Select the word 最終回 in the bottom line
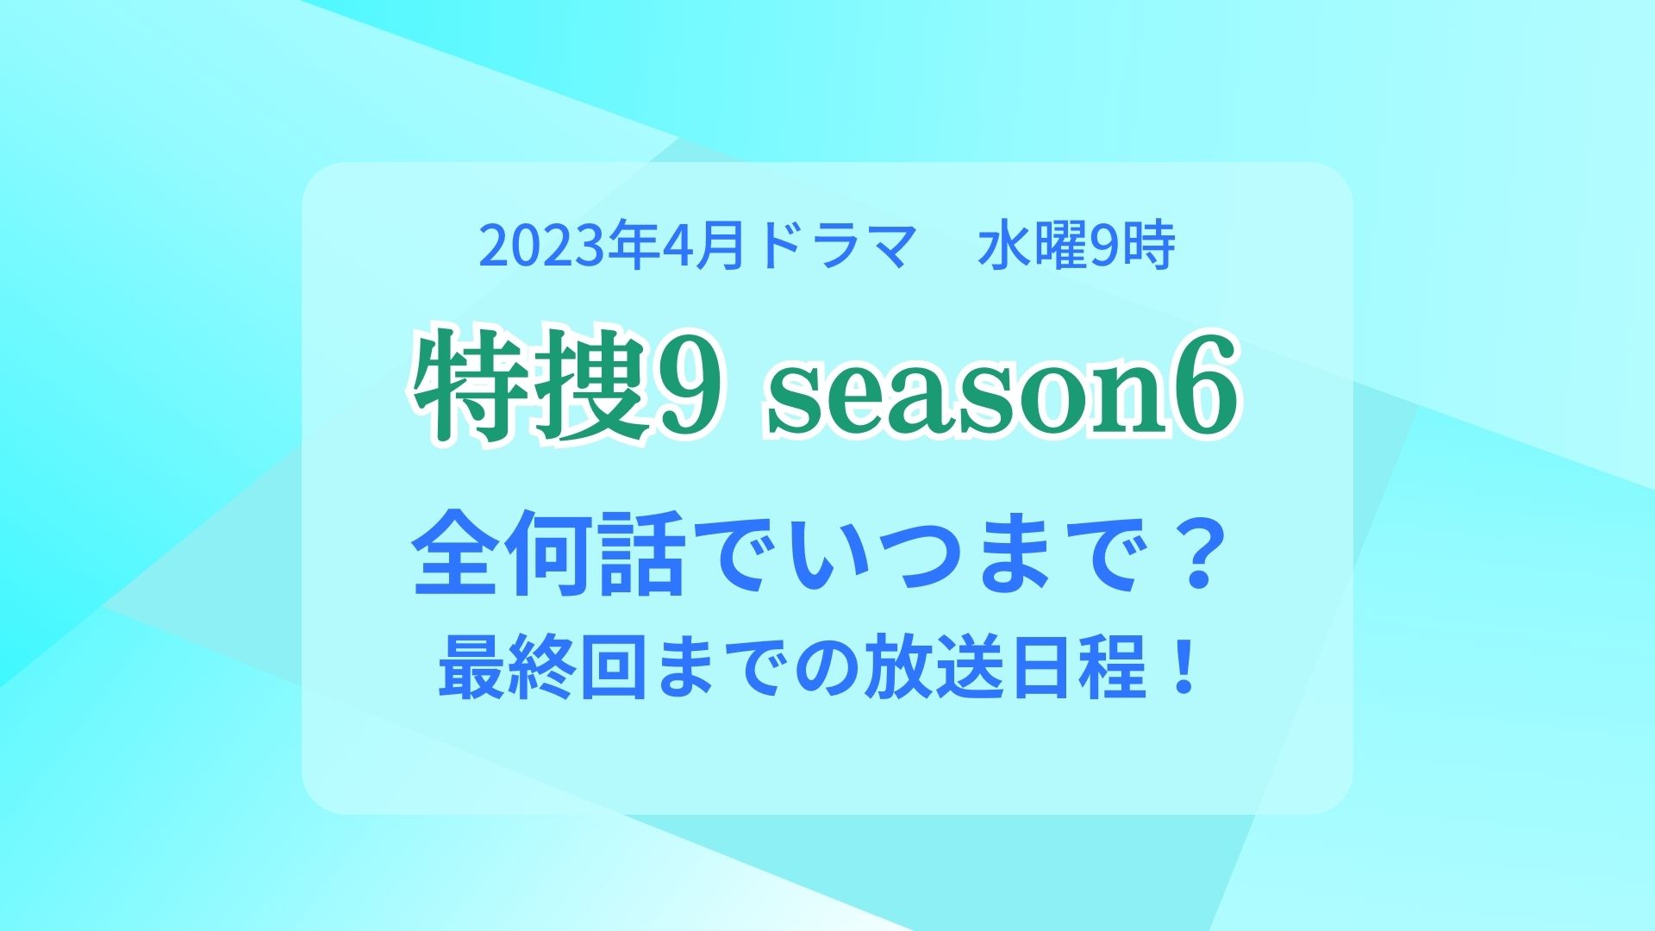542,671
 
